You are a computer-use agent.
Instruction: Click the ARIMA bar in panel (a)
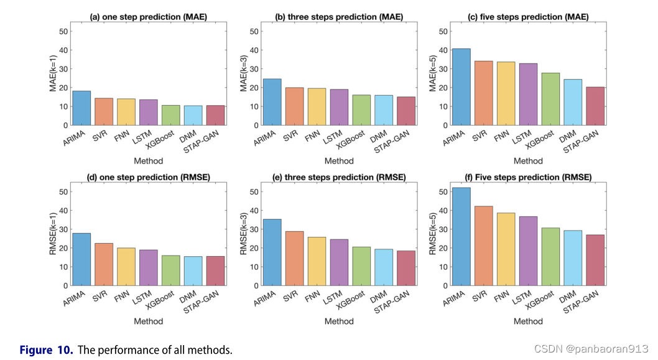coord(81,108)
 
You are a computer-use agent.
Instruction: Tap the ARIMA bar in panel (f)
coord(461,236)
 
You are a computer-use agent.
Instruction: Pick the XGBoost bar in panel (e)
coord(361,266)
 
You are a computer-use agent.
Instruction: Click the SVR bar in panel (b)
coord(294,106)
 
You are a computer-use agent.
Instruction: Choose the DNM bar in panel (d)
coord(193,271)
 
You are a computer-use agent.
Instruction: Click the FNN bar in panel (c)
coord(506,93)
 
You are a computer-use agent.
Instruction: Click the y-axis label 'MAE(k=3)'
coord(244,74)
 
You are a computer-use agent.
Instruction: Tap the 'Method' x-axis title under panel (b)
coord(338,161)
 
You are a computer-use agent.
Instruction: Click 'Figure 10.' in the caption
coord(46,350)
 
